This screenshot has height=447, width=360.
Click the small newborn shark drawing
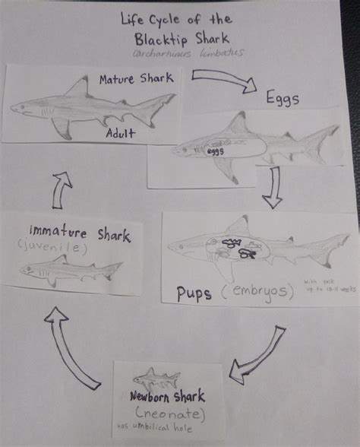tap(156, 376)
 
